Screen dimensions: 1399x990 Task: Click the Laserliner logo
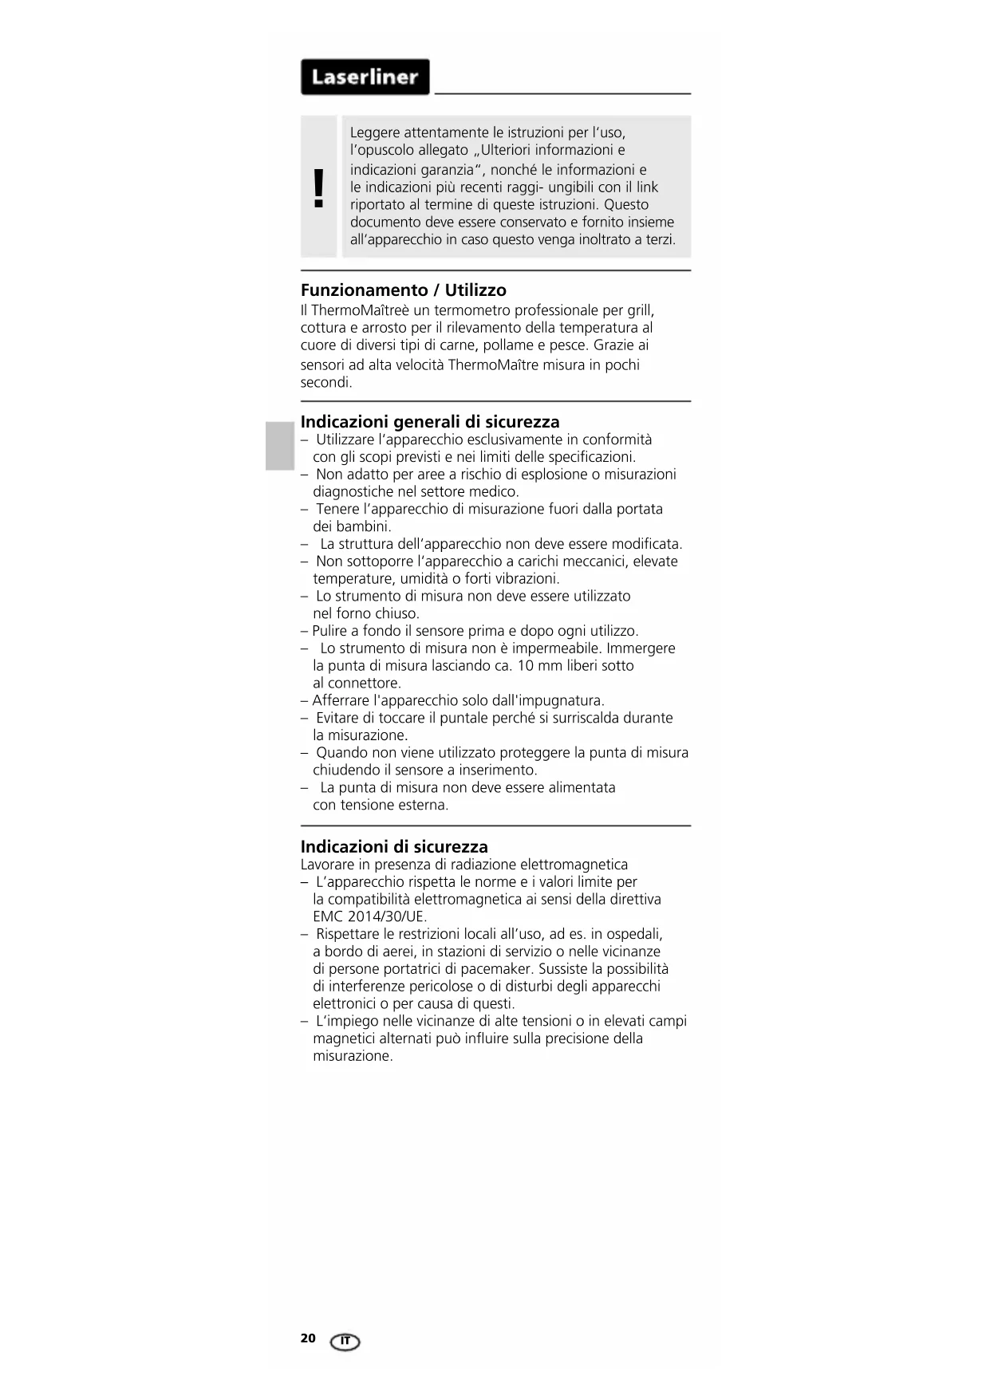click(365, 77)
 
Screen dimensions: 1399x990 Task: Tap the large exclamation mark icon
click(319, 188)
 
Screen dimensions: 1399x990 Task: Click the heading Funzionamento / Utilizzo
click(403, 290)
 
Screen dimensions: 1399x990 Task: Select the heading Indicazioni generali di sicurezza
click(430, 422)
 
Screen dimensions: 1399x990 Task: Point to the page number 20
click(308, 1338)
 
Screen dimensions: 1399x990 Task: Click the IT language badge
click(345, 1342)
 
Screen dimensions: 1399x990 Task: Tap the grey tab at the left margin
click(280, 447)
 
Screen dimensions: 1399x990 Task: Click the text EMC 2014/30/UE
click(369, 916)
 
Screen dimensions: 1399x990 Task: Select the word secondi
click(325, 383)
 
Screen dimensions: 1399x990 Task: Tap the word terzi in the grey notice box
click(657, 240)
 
